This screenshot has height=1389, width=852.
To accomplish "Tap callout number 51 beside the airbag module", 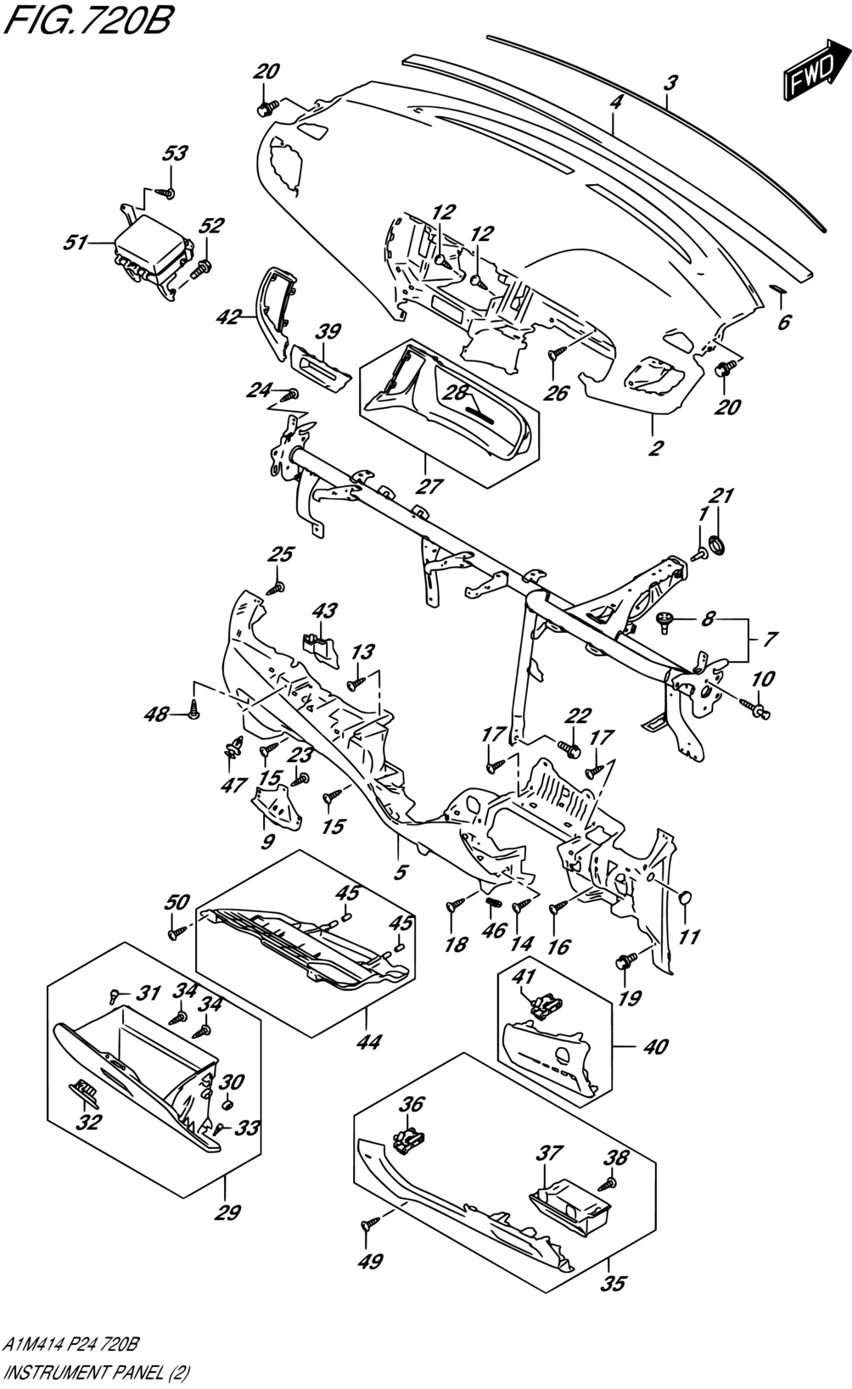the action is [x=76, y=243].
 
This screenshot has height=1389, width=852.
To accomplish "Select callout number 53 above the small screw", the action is [x=175, y=154].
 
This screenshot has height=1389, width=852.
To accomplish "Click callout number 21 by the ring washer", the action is [x=721, y=496].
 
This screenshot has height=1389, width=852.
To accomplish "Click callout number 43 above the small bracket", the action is [x=324, y=611].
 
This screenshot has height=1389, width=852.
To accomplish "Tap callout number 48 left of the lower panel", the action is [x=157, y=714].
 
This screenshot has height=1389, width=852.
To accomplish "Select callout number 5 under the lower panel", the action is [x=401, y=872].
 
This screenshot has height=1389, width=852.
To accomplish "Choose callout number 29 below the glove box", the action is [x=227, y=1213].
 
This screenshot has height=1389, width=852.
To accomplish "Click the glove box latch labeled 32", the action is [x=83, y=1092].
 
